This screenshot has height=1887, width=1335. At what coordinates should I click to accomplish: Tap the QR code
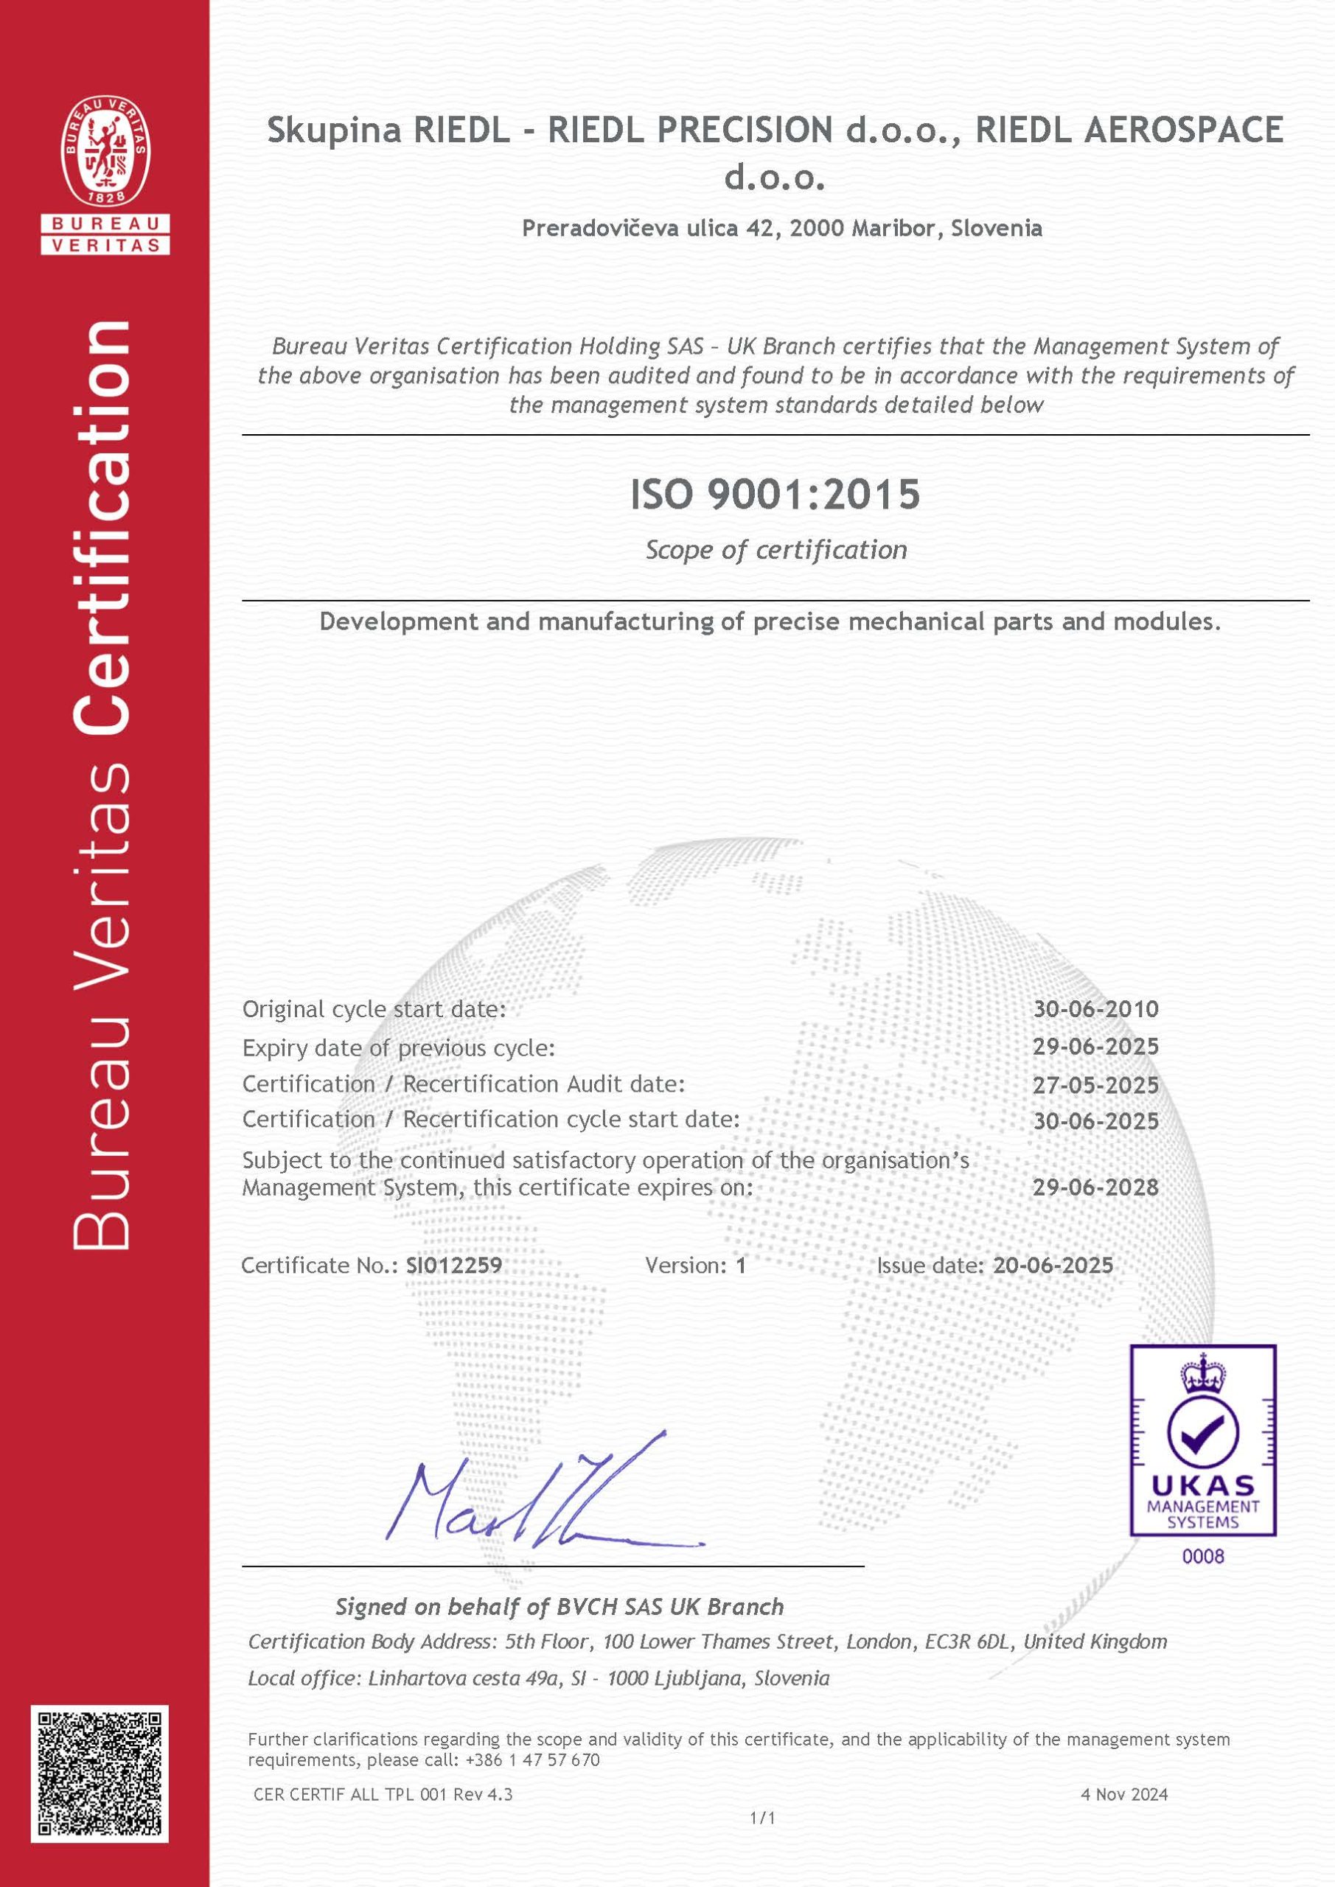tap(100, 1773)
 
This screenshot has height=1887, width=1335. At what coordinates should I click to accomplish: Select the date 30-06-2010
tap(1095, 1008)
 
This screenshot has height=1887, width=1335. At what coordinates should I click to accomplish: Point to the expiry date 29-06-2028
tap(1095, 1187)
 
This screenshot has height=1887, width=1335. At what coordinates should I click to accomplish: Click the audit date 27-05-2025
tap(1095, 1085)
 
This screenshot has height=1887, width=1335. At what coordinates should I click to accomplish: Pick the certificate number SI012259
tap(454, 1265)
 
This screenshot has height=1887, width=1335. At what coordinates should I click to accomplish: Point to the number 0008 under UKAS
tap(1202, 1556)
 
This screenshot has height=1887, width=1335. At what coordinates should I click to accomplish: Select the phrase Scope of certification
tap(775, 550)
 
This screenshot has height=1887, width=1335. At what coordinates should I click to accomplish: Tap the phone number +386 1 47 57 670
tap(533, 1759)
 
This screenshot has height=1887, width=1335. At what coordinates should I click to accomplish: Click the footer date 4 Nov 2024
tap(1123, 1794)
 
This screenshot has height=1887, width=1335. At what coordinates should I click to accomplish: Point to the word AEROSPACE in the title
tap(1183, 130)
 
